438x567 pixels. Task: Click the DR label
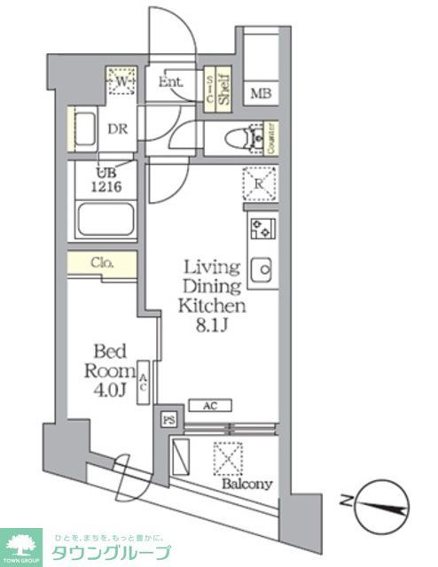coord(118,128)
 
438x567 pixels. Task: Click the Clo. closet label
coord(102,262)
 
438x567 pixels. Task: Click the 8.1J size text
coord(213,325)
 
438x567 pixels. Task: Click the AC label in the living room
coord(210,406)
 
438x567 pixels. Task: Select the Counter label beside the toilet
coord(270,137)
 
